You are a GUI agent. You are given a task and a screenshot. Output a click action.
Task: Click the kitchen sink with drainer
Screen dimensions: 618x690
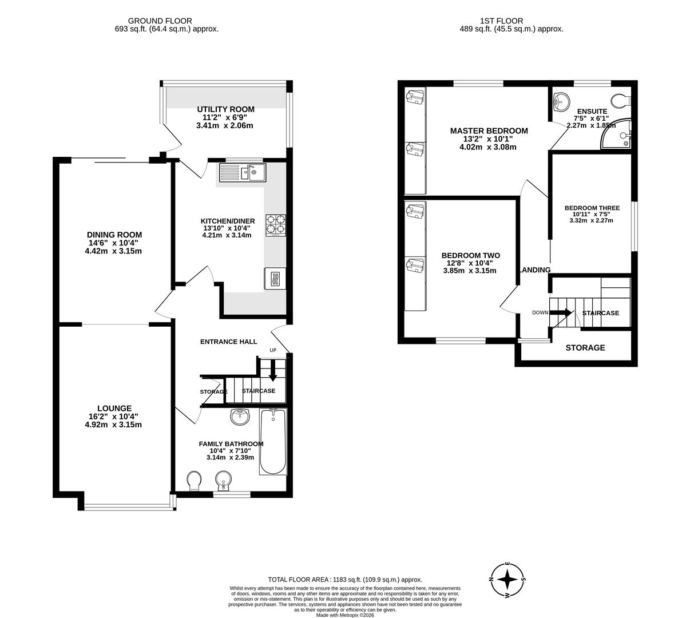coord(241,172)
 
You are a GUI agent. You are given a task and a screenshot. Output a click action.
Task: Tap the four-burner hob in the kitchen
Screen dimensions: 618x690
coord(276,225)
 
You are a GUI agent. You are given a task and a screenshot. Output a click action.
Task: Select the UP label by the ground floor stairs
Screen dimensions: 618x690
coord(273,350)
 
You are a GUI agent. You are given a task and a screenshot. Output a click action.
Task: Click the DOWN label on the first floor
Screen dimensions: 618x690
coord(540,312)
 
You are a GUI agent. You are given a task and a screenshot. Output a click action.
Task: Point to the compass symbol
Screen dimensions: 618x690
coord(507,579)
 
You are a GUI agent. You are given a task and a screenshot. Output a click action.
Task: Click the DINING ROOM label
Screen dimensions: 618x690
coord(114,235)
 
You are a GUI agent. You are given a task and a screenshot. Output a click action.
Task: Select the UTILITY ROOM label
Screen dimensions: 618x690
coord(226,109)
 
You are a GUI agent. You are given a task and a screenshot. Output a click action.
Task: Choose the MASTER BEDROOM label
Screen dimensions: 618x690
coord(489,130)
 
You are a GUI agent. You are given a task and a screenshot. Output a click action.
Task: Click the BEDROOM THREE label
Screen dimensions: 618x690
coord(592,208)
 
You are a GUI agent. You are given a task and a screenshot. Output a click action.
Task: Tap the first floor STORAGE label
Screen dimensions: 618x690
coord(585,348)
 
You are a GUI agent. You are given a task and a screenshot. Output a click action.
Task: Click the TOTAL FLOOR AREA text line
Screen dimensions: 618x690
coord(345,579)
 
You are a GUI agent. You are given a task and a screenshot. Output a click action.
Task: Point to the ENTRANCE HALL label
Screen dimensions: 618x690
coord(228,342)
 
